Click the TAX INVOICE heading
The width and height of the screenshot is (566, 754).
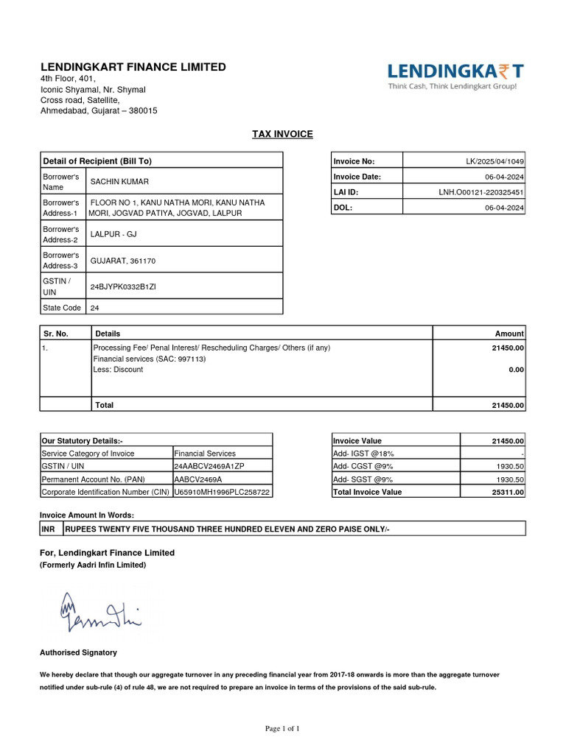(x=282, y=134)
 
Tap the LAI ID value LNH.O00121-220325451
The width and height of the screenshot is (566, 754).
(x=481, y=192)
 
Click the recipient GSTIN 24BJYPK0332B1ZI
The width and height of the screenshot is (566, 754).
(x=123, y=286)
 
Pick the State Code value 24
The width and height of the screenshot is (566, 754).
(x=94, y=308)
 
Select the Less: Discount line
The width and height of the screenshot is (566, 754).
(x=118, y=370)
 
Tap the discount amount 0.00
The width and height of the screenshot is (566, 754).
(x=516, y=370)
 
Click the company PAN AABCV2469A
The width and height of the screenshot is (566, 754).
(x=197, y=479)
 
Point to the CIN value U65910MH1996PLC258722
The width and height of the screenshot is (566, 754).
(x=222, y=492)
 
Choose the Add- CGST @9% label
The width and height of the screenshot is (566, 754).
(x=363, y=466)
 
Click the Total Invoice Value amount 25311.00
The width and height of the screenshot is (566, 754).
(x=509, y=492)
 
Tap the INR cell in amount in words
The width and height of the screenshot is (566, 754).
(x=49, y=529)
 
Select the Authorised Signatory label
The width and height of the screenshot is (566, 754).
(x=78, y=652)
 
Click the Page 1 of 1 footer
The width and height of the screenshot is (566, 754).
(x=282, y=728)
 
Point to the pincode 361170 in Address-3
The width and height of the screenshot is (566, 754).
(x=142, y=261)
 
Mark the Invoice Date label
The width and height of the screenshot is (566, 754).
(x=357, y=177)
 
